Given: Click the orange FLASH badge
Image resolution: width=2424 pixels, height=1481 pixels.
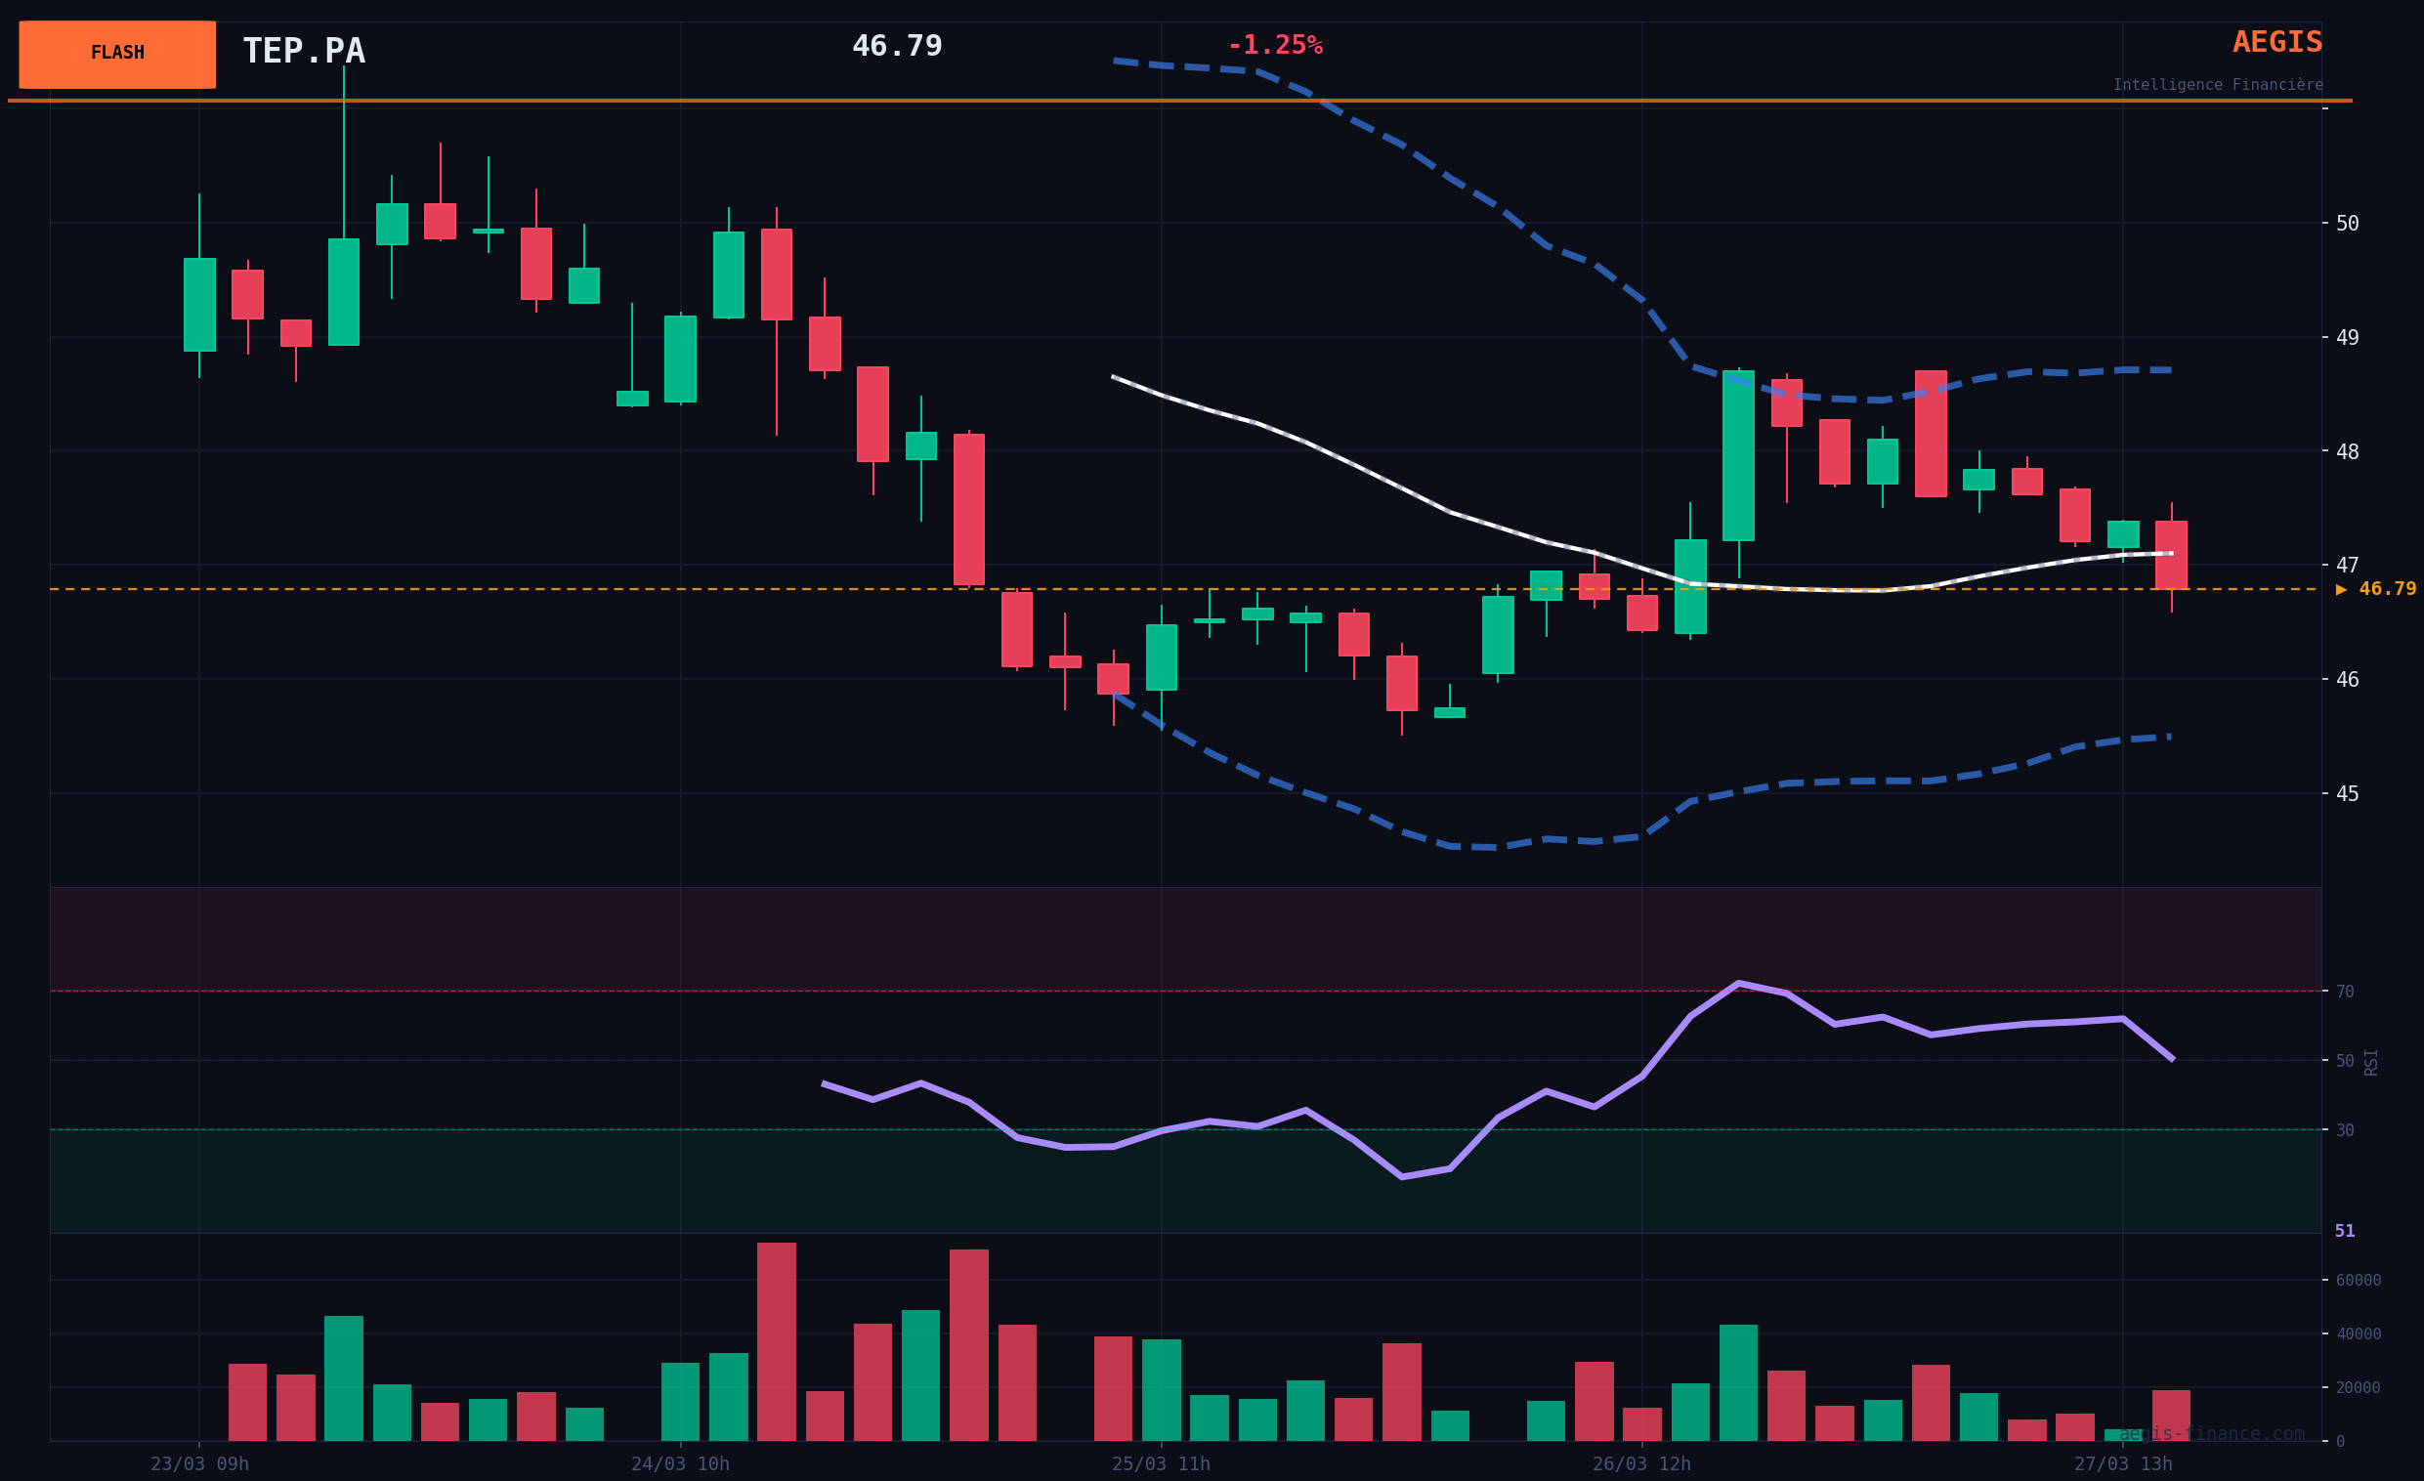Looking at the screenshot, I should [x=117, y=54].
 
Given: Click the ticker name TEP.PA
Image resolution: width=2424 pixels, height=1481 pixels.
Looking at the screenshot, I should [x=304, y=51].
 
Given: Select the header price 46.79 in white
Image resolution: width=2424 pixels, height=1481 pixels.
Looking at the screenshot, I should [x=896, y=46].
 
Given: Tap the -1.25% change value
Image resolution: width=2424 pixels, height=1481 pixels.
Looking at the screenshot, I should [x=1274, y=45].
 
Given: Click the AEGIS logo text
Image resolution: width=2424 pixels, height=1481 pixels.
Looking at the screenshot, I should [x=2276, y=42].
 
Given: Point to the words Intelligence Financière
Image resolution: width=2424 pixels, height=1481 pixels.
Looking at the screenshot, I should [x=2218, y=86].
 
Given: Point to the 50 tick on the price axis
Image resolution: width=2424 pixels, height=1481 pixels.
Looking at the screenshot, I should [x=2346, y=224].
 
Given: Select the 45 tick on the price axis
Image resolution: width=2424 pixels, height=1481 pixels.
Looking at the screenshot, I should [x=2346, y=793].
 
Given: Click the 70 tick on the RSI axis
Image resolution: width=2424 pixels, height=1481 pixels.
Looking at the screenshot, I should [x=2344, y=992].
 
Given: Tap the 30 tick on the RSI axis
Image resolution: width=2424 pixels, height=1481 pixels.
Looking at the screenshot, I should [x=2344, y=1131].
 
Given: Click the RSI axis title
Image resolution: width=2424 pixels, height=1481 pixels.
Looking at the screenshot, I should [x=2371, y=1062].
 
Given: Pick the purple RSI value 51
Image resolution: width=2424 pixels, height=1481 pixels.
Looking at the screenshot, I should [x=2344, y=1231].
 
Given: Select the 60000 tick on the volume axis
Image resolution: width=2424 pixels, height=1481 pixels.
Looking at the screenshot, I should [x=2359, y=1281].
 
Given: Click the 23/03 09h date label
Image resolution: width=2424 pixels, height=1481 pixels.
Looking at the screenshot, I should [x=199, y=1464].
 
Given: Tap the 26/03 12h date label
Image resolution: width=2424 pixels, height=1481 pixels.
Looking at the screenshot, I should [x=1642, y=1464].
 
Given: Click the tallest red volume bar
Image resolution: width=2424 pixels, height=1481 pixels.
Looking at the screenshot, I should [x=776, y=1341].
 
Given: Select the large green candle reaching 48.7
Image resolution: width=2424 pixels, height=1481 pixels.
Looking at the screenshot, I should [x=1738, y=455].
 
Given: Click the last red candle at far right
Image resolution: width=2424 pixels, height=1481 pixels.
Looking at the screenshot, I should [x=2171, y=555].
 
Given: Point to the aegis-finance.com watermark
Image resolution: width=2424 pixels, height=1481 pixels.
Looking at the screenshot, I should [x=2212, y=1434].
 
